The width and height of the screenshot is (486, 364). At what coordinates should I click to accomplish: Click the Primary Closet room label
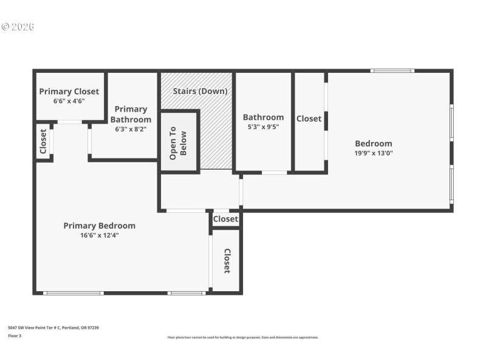point(69,92)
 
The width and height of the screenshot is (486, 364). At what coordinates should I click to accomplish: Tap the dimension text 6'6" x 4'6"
point(69,101)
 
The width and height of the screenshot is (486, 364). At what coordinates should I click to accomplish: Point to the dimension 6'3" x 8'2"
point(131,129)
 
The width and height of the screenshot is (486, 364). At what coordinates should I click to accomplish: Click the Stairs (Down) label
point(200,92)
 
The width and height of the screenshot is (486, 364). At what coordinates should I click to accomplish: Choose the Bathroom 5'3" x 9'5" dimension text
point(263,127)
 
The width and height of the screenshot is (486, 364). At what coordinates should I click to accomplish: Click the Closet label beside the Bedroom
point(309,119)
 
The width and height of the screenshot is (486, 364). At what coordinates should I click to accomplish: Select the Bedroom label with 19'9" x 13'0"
point(373,144)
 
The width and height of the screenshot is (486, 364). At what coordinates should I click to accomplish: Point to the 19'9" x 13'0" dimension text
point(373,153)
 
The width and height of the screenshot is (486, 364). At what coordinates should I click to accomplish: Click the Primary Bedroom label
point(99,226)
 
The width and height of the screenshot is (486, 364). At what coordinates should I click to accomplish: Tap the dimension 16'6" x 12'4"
point(99,235)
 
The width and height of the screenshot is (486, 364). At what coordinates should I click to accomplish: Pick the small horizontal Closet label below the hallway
point(225,219)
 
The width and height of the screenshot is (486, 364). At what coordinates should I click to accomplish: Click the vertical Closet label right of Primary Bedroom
point(227,261)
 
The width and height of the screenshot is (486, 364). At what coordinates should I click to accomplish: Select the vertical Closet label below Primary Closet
point(43,141)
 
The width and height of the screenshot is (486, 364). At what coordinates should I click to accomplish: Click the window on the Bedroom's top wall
point(392,71)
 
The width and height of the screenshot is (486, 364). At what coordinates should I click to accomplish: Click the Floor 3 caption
point(15,335)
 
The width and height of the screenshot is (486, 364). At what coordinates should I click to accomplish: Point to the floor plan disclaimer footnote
point(242,337)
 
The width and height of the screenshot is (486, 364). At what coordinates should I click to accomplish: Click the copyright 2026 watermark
point(18,27)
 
